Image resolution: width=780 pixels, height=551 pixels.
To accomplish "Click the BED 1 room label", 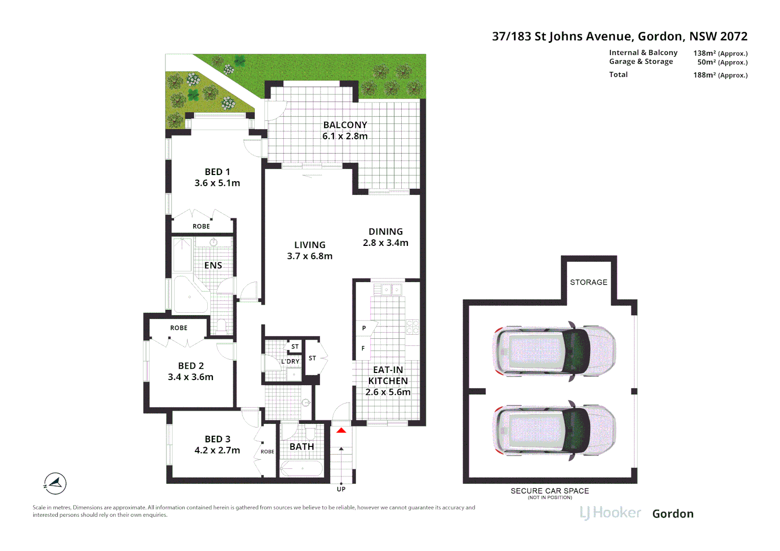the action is pyautogui.click(x=217, y=171).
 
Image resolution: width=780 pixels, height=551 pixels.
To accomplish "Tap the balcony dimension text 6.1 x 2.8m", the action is pyautogui.click(x=345, y=136).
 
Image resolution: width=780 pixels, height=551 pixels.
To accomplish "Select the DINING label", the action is pyautogui.click(x=385, y=232).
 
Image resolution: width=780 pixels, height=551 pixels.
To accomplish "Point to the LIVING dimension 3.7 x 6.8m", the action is pyautogui.click(x=309, y=256).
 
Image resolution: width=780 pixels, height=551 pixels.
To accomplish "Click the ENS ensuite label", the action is pyautogui.click(x=213, y=266).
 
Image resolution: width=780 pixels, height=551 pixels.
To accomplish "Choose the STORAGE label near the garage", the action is pyautogui.click(x=589, y=282).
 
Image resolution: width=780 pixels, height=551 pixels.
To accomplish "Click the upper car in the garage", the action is pyautogui.click(x=554, y=351).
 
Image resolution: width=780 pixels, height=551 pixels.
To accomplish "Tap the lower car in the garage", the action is pyautogui.click(x=554, y=430).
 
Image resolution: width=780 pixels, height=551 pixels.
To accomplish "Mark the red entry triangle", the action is pyautogui.click(x=341, y=431).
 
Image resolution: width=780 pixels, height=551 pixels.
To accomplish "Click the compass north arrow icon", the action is pyautogui.click(x=55, y=483).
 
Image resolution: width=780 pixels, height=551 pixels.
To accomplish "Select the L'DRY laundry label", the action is pyautogui.click(x=290, y=361).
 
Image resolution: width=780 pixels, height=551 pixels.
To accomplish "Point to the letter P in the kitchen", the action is pyautogui.click(x=364, y=328).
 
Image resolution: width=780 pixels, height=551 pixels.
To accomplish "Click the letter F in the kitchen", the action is pyautogui.click(x=363, y=348).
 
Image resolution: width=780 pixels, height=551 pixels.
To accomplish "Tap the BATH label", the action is pyautogui.click(x=302, y=446).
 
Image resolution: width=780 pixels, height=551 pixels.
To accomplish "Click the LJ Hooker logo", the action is pyautogui.click(x=611, y=513).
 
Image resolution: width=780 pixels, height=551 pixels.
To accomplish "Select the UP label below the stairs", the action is pyautogui.click(x=341, y=489).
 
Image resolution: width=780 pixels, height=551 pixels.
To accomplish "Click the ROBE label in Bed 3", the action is pyautogui.click(x=267, y=452).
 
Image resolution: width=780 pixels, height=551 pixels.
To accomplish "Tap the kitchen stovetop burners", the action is pyautogui.click(x=412, y=327).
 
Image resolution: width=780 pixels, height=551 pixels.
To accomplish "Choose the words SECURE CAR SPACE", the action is pyautogui.click(x=550, y=491).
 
